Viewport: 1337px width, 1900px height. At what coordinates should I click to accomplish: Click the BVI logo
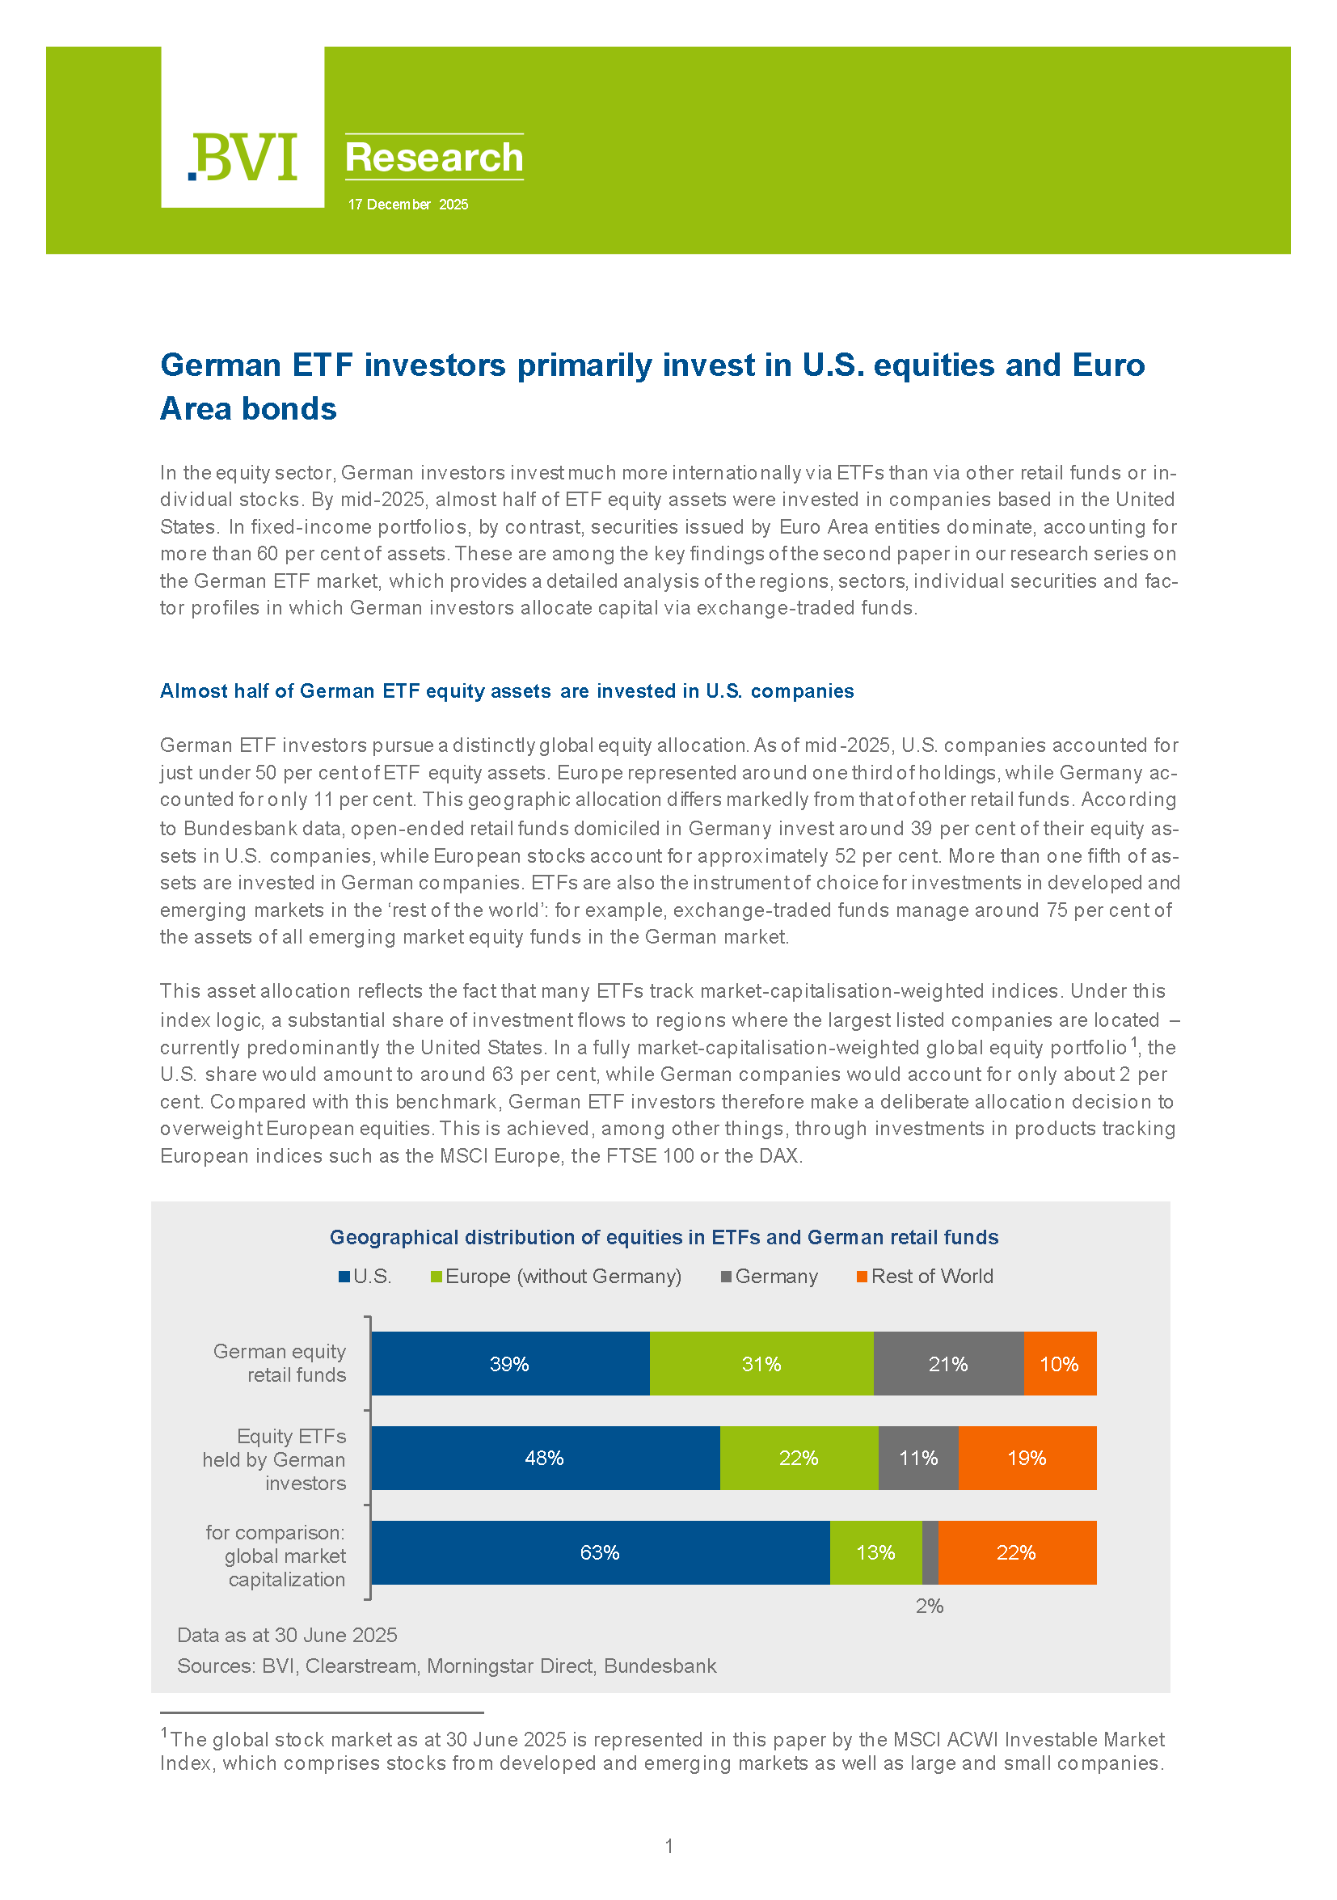tap(243, 156)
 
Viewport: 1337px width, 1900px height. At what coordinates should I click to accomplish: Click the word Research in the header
tap(433, 157)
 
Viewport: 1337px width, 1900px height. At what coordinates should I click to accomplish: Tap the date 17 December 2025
tap(408, 205)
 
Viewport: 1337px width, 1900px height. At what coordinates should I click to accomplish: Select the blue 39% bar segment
tap(509, 1365)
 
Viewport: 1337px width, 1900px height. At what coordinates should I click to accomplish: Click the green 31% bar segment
tap(761, 1365)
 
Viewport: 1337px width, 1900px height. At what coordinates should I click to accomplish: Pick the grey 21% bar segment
tap(948, 1365)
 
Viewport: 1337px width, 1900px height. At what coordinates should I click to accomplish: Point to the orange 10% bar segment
tap(1059, 1365)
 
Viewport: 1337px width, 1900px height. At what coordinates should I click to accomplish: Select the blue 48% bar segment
tap(544, 1458)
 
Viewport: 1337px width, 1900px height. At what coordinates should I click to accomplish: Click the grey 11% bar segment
tap(918, 1458)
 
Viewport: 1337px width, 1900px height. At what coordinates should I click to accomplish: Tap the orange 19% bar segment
tap(1027, 1458)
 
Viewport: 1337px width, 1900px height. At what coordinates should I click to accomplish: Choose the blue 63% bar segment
tap(600, 1552)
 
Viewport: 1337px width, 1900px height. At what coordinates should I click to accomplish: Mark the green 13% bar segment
tap(875, 1552)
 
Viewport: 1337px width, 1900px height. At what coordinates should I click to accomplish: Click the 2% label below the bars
tap(929, 1607)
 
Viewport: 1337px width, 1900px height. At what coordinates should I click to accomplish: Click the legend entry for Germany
tap(770, 1277)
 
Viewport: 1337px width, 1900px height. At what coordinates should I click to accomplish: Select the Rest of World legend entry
tap(925, 1277)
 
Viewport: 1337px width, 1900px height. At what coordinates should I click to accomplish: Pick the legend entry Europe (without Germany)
tap(556, 1277)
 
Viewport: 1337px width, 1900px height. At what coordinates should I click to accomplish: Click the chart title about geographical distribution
tap(664, 1237)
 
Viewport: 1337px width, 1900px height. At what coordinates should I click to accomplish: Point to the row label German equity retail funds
tap(280, 1363)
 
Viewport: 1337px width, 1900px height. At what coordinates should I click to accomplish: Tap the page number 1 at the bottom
tap(668, 1846)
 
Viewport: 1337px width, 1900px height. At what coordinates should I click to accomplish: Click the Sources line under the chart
tap(447, 1666)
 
